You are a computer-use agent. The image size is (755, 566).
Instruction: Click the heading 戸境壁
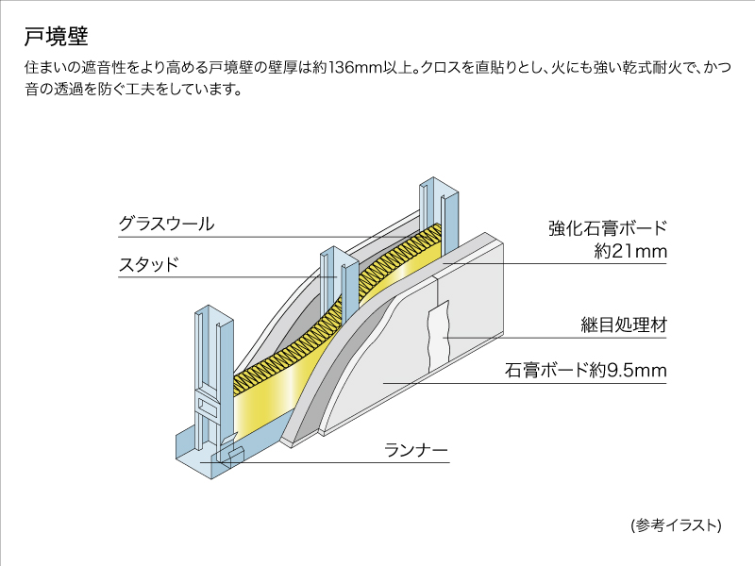click(x=56, y=37)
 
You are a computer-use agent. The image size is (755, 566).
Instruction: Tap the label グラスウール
click(x=166, y=225)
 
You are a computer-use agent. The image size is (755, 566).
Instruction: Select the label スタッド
click(x=148, y=264)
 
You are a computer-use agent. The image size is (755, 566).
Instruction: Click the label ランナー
click(x=415, y=450)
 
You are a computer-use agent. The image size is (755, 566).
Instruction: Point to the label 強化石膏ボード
click(x=608, y=228)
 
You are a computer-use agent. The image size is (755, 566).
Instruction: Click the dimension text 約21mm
click(x=631, y=252)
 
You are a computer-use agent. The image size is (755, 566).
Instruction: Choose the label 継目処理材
click(x=624, y=325)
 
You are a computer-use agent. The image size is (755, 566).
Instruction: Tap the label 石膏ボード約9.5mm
click(x=587, y=371)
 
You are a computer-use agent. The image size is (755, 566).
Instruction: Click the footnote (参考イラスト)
click(x=676, y=524)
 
